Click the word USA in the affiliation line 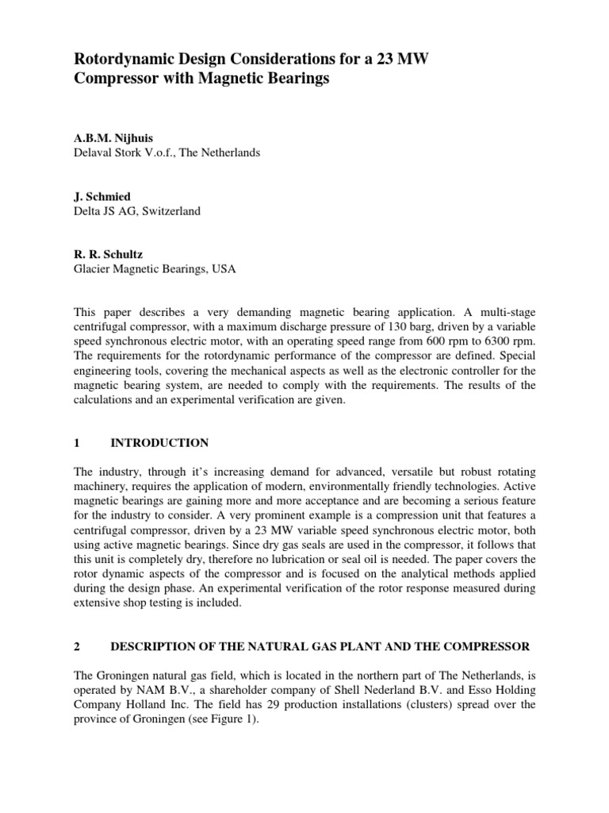(x=224, y=270)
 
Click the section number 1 (x=77, y=442)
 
